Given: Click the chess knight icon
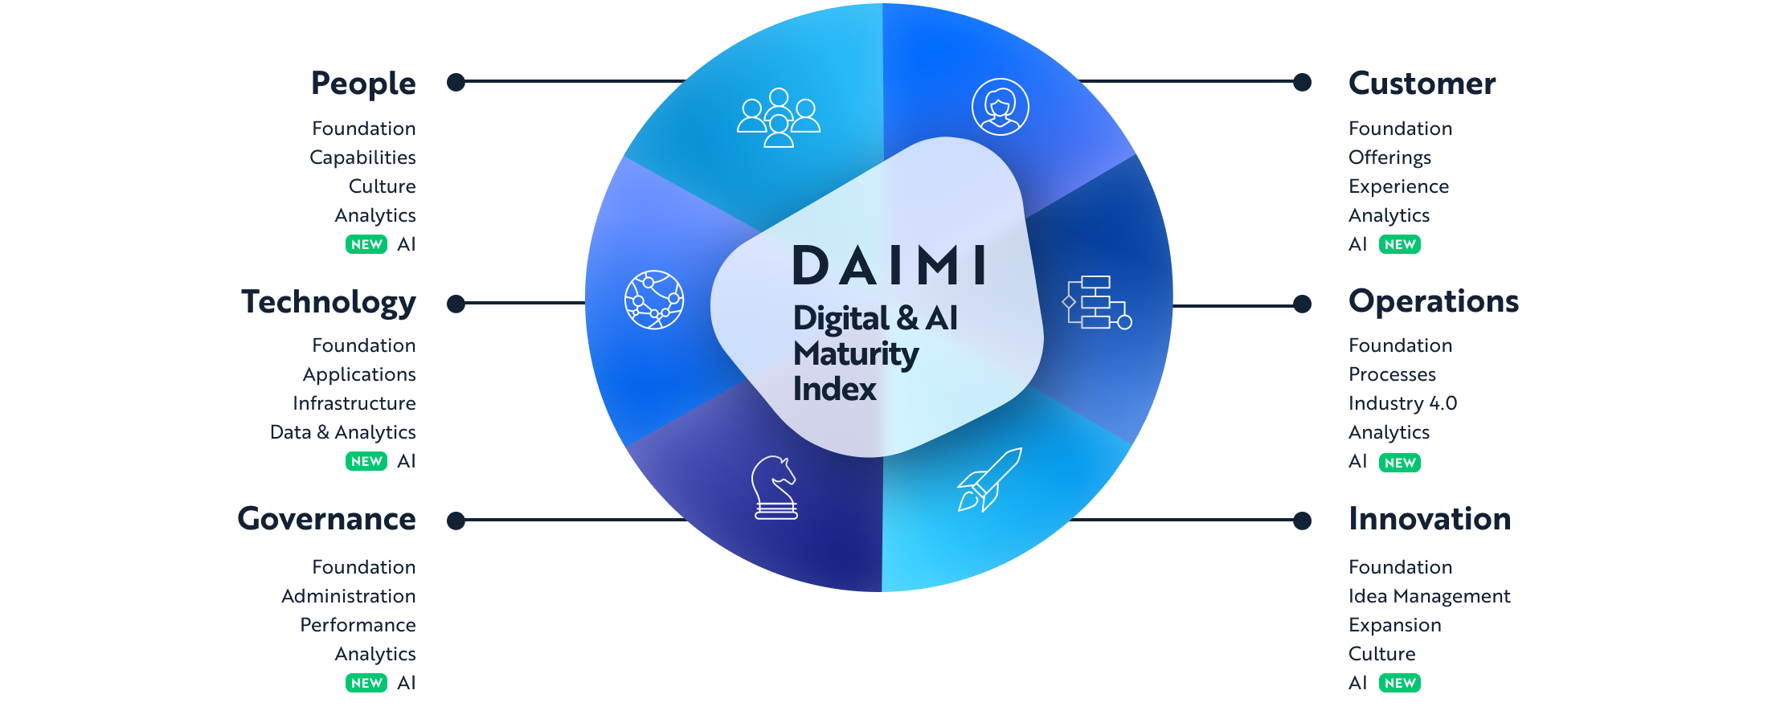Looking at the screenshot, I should [775, 488].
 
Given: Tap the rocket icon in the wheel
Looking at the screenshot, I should [989, 480].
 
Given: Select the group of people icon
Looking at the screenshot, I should [779, 117].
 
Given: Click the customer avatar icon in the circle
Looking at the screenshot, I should [1000, 107].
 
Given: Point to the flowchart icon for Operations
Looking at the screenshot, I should [1097, 303].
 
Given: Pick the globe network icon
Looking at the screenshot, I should [654, 300].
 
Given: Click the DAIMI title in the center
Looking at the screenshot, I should [890, 266].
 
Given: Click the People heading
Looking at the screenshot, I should [363, 84].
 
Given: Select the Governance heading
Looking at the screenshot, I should [326, 519].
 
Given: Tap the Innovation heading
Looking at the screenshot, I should [1430, 519].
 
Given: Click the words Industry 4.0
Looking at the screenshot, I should [1402, 403].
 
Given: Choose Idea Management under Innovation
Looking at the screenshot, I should [1429, 596].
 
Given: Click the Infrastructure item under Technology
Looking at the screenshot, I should [354, 403].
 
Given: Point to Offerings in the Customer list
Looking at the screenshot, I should [1389, 157].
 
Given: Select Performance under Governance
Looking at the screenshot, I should [358, 625].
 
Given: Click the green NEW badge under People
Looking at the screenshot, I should [366, 244].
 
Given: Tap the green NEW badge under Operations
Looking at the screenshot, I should [1400, 463].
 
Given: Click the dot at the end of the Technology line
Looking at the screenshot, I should [456, 304].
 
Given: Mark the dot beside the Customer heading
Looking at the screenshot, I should [1302, 82].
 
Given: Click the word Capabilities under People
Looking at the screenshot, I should [362, 157].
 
